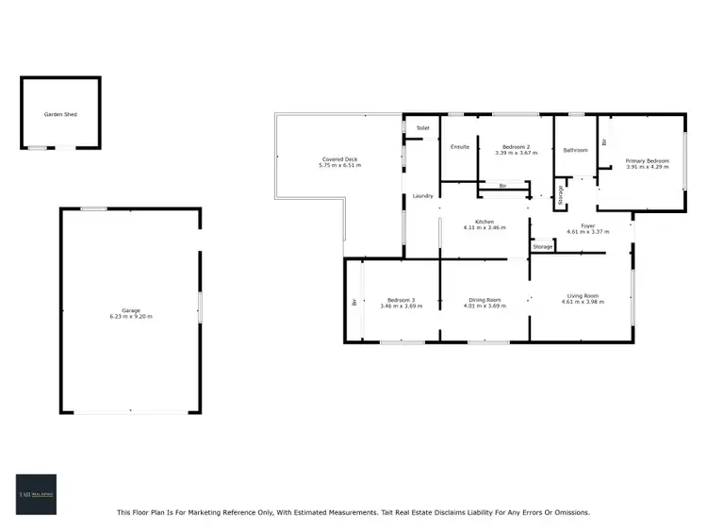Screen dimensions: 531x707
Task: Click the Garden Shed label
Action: (x=59, y=114)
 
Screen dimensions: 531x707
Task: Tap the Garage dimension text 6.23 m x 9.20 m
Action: (x=130, y=317)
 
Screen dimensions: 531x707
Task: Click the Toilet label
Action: (x=422, y=127)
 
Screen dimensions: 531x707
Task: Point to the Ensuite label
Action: (x=459, y=147)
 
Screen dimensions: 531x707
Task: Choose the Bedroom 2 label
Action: (x=515, y=147)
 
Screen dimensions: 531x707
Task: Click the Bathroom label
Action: (x=575, y=150)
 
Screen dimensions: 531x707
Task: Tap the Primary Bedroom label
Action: (x=647, y=161)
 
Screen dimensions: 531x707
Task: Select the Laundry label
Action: (x=422, y=196)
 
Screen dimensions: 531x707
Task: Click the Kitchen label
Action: (x=485, y=222)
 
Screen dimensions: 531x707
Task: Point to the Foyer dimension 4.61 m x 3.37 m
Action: (x=586, y=232)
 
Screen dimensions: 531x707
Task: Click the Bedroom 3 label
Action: (x=397, y=300)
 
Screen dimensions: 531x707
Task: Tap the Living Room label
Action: (x=582, y=296)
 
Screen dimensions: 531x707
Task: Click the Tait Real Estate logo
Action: (x=36, y=494)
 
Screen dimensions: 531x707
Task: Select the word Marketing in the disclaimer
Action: (x=227, y=513)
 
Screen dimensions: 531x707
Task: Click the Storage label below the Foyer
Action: (x=542, y=247)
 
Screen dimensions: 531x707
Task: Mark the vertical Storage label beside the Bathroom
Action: (x=561, y=195)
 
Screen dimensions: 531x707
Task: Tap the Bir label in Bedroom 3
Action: (x=353, y=303)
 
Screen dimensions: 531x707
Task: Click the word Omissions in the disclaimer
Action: (x=567, y=513)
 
